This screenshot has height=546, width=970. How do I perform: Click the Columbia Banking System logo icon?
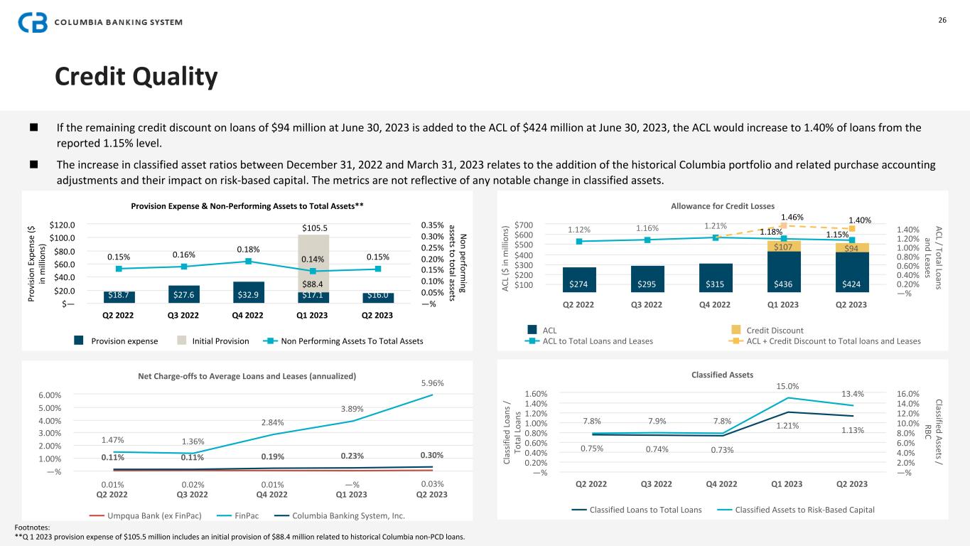click(33, 22)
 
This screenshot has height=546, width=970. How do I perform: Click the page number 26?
click(942, 20)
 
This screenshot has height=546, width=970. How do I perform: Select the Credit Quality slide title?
click(136, 77)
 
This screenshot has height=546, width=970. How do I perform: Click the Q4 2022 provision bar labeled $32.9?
click(248, 293)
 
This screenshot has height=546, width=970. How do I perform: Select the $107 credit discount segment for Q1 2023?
click(783, 246)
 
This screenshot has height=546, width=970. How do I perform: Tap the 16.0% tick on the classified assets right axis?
click(909, 394)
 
